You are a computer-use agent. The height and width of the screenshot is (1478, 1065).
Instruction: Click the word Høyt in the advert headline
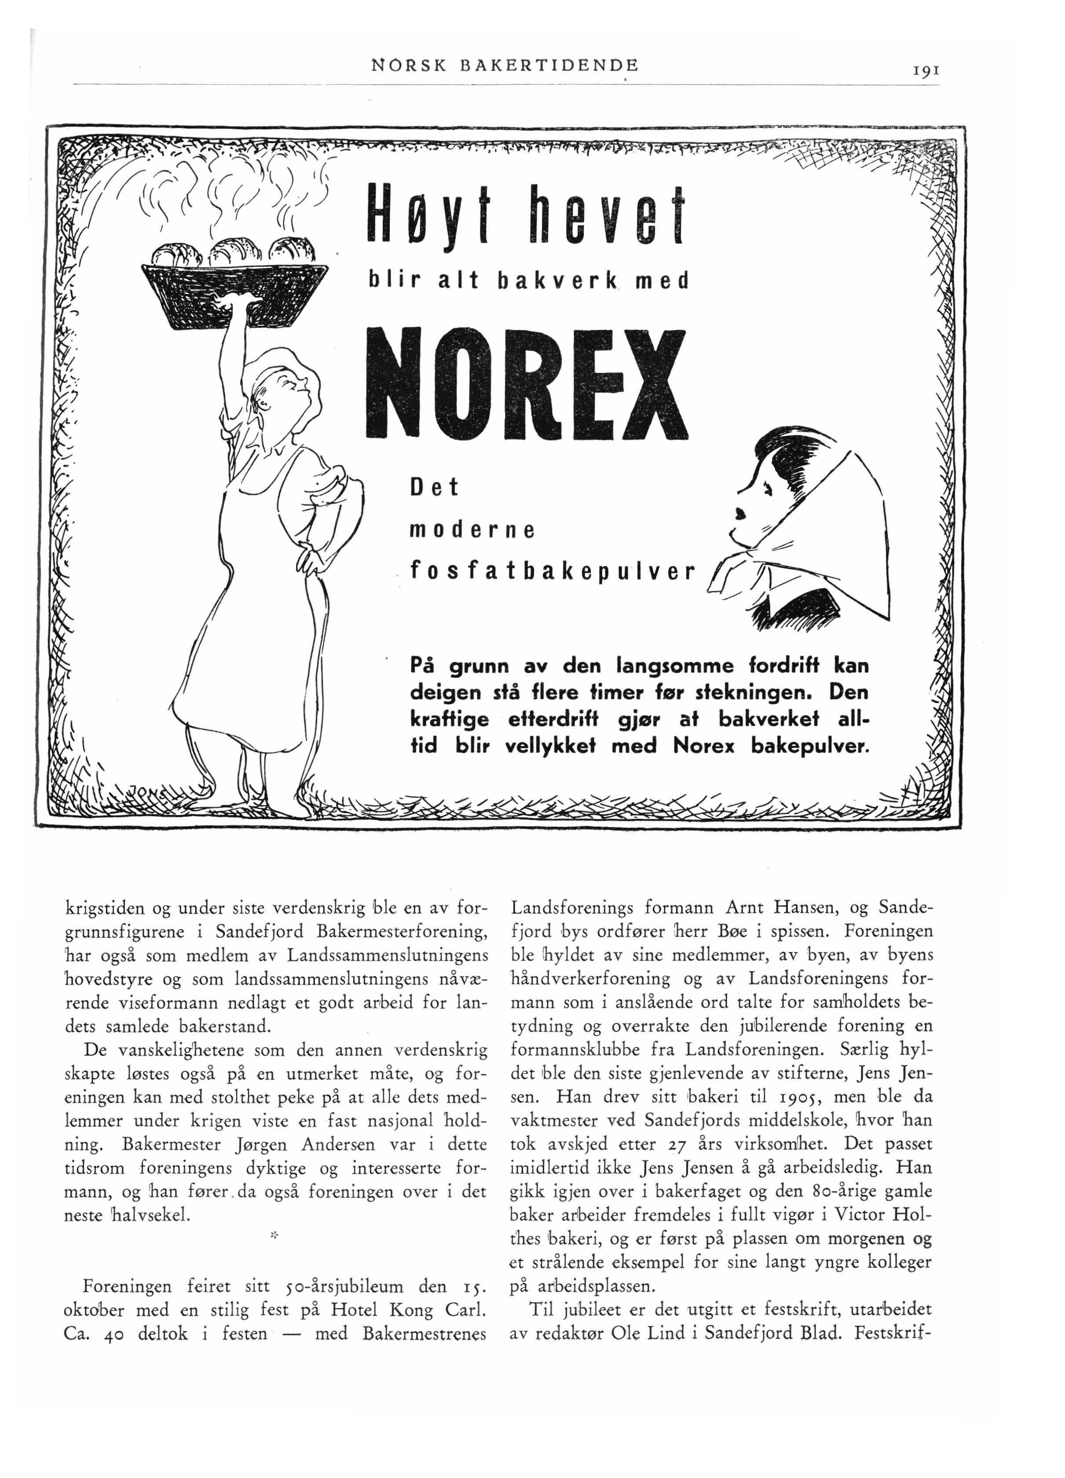tap(427, 215)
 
